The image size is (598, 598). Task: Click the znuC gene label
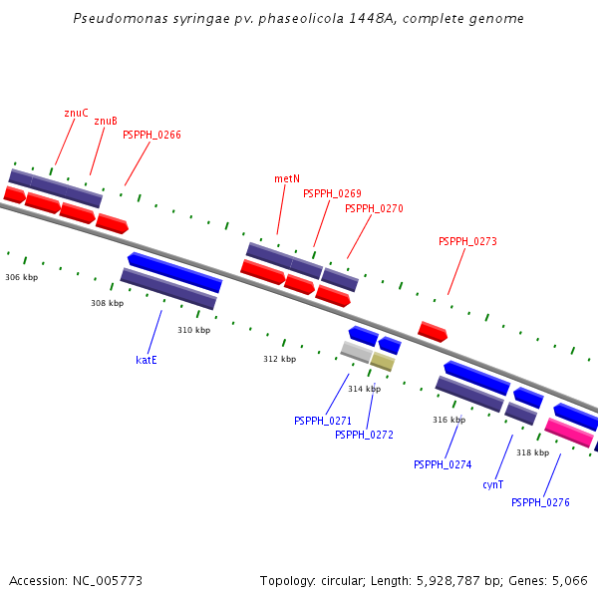[76, 113]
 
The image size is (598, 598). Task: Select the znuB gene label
[106, 121]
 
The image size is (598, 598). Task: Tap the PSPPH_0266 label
[151, 135]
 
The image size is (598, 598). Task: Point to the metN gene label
[287, 178]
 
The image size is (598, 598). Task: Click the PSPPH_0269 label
[332, 193]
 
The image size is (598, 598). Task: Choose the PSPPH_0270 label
[374, 208]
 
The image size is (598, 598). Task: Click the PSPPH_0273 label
[467, 241]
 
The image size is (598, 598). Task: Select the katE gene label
[147, 360]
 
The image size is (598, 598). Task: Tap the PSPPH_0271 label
[322, 421]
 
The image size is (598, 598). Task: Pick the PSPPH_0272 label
[364, 435]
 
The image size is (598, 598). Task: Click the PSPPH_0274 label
[443, 464]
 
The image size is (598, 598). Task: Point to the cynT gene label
[492, 484]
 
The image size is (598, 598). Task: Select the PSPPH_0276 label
[540, 502]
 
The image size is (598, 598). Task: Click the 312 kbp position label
[279, 359]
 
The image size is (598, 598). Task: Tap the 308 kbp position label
[107, 303]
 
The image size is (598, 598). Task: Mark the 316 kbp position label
[448, 420]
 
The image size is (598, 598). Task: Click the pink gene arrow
[569, 433]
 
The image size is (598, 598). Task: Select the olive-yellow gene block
[383, 362]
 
